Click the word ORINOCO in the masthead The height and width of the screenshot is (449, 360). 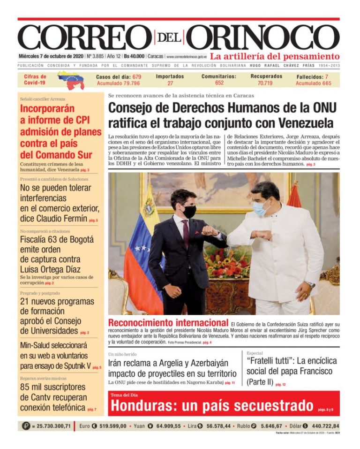265,37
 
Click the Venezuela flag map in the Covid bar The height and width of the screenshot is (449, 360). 71,80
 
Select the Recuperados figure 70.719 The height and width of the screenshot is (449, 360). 266,84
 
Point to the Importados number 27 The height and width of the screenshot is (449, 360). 170,84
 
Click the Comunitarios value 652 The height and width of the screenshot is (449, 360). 219,84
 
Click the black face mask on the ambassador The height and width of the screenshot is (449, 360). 189,212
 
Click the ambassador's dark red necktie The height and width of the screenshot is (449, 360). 186,234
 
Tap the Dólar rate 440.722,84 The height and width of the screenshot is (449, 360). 323,426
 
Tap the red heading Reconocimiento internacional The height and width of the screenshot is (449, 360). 168,323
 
